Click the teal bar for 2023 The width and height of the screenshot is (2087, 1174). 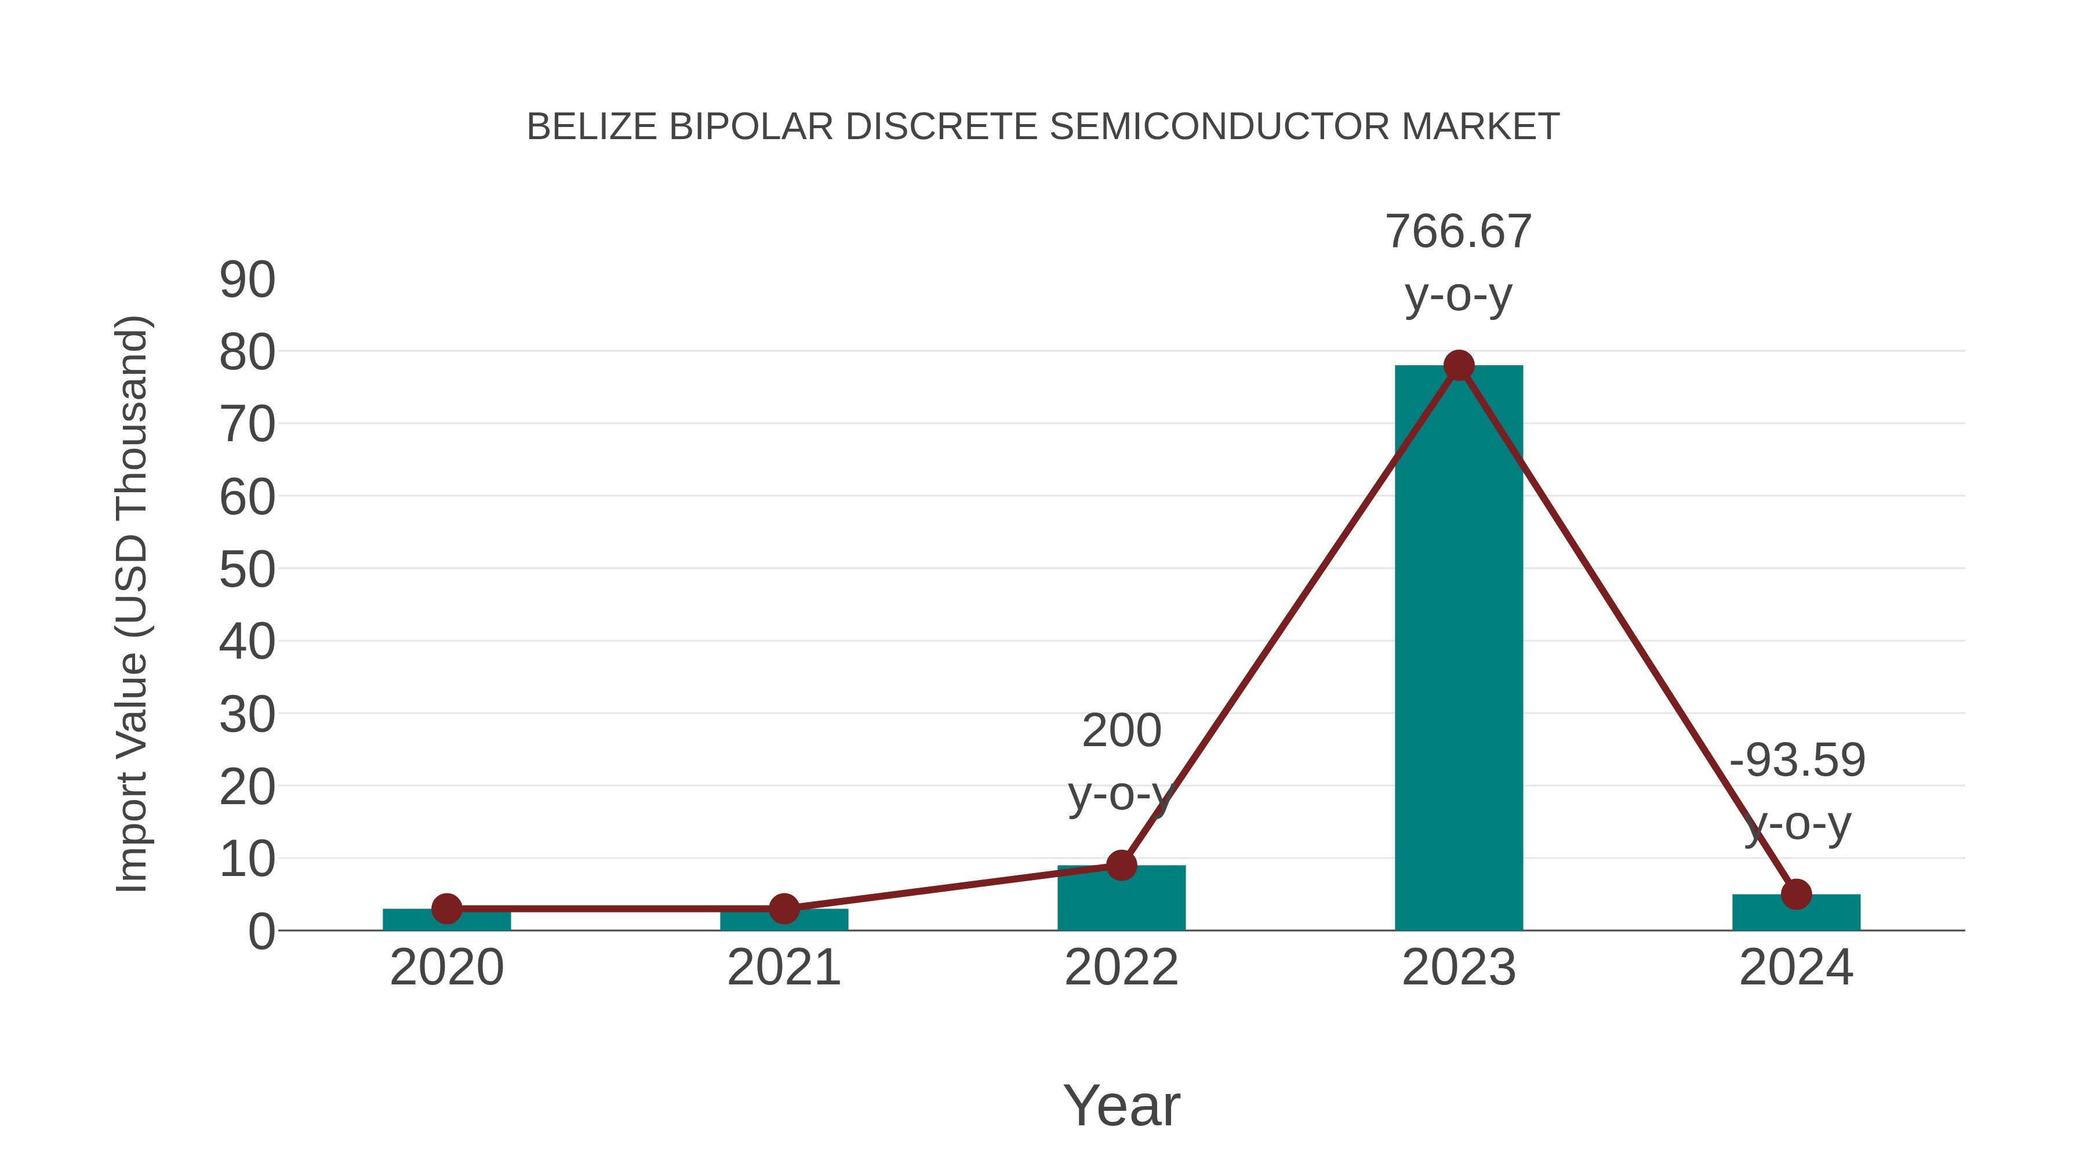1459,648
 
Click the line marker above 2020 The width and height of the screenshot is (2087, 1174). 446,908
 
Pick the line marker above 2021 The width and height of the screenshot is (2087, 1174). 783,908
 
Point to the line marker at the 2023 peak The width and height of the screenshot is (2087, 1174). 1459,365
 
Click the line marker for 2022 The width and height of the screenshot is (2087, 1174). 1121,866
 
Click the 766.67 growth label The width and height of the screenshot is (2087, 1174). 1459,232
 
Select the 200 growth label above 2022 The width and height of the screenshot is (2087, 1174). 1121,731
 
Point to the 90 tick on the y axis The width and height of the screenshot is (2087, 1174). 247,281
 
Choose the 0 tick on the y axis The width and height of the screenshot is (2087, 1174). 261,932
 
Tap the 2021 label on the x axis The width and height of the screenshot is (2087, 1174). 783,968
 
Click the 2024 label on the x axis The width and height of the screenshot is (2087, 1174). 1796,968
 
